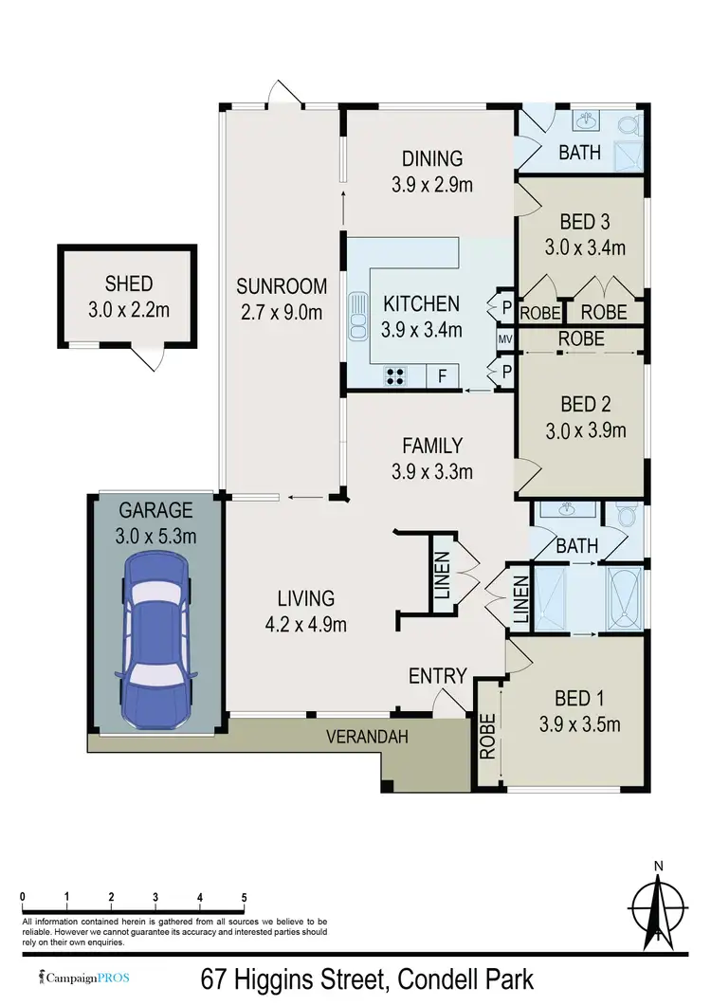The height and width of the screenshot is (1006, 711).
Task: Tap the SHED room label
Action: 129,284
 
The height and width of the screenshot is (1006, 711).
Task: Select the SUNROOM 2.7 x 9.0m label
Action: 281,285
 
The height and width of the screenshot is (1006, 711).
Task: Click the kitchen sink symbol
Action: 357,316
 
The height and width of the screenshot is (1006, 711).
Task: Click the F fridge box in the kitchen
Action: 441,376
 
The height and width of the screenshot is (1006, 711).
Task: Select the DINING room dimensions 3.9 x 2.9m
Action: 431,185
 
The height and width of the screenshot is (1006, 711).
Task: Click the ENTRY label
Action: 437,676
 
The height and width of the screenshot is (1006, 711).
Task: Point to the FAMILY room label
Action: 432,445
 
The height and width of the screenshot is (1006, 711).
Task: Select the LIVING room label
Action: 305,598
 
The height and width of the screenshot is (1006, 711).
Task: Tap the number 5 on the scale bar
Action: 245,897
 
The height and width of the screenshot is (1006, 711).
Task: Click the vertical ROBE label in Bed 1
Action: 488,737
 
